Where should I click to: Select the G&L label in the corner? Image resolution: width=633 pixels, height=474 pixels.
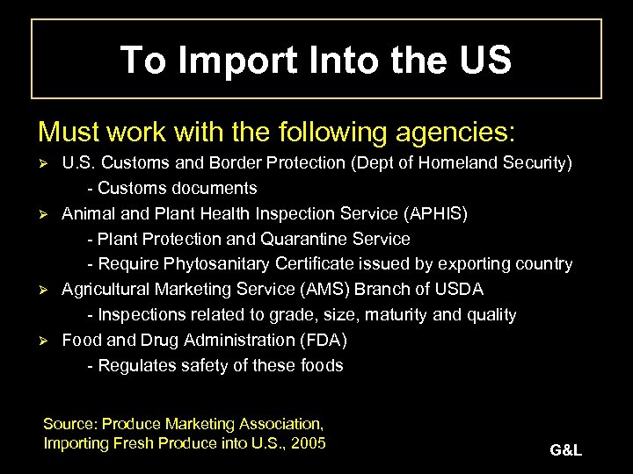coord(565,451)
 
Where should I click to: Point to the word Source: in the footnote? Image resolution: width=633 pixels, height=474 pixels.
coord(70,423)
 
